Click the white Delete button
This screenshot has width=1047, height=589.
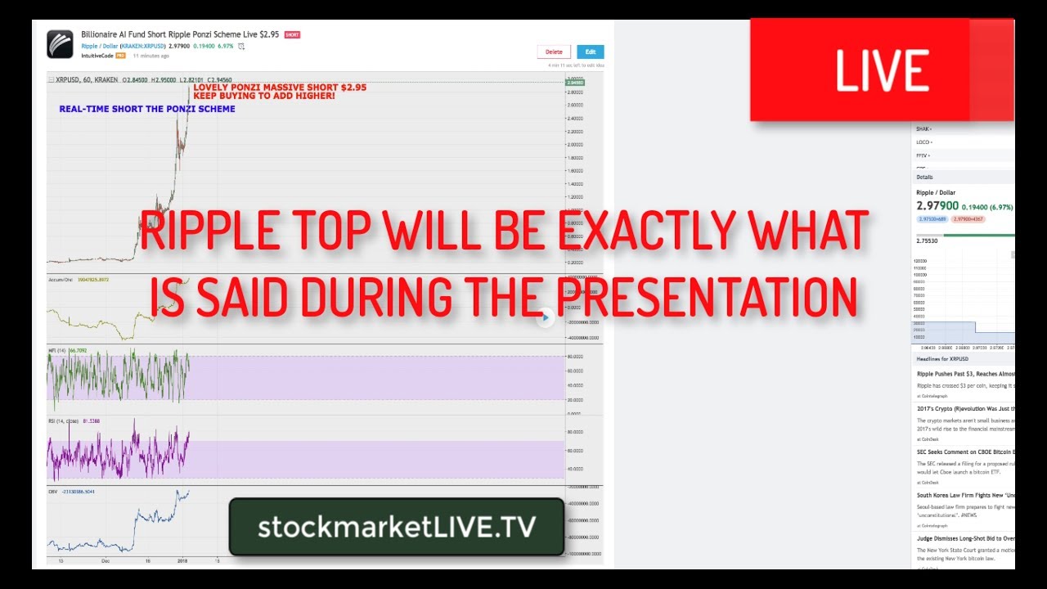point(554,52)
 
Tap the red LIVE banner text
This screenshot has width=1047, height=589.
point(882,70)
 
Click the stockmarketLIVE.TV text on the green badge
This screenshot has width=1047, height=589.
point(397,527)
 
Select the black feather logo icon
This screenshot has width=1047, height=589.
point(60,44)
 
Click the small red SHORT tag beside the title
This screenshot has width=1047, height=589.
point(292,35)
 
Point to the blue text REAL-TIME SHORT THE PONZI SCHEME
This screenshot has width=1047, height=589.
point(147,109)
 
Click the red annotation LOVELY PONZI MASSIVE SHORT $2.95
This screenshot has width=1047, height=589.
point(280,87)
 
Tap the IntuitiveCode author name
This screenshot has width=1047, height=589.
point(97,56)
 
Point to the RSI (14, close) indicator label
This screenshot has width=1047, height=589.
point(64,422)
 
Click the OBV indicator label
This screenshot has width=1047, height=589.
point(53,492)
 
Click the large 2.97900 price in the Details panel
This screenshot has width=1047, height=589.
point(937,206)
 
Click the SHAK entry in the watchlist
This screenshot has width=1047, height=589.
point(923,129)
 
